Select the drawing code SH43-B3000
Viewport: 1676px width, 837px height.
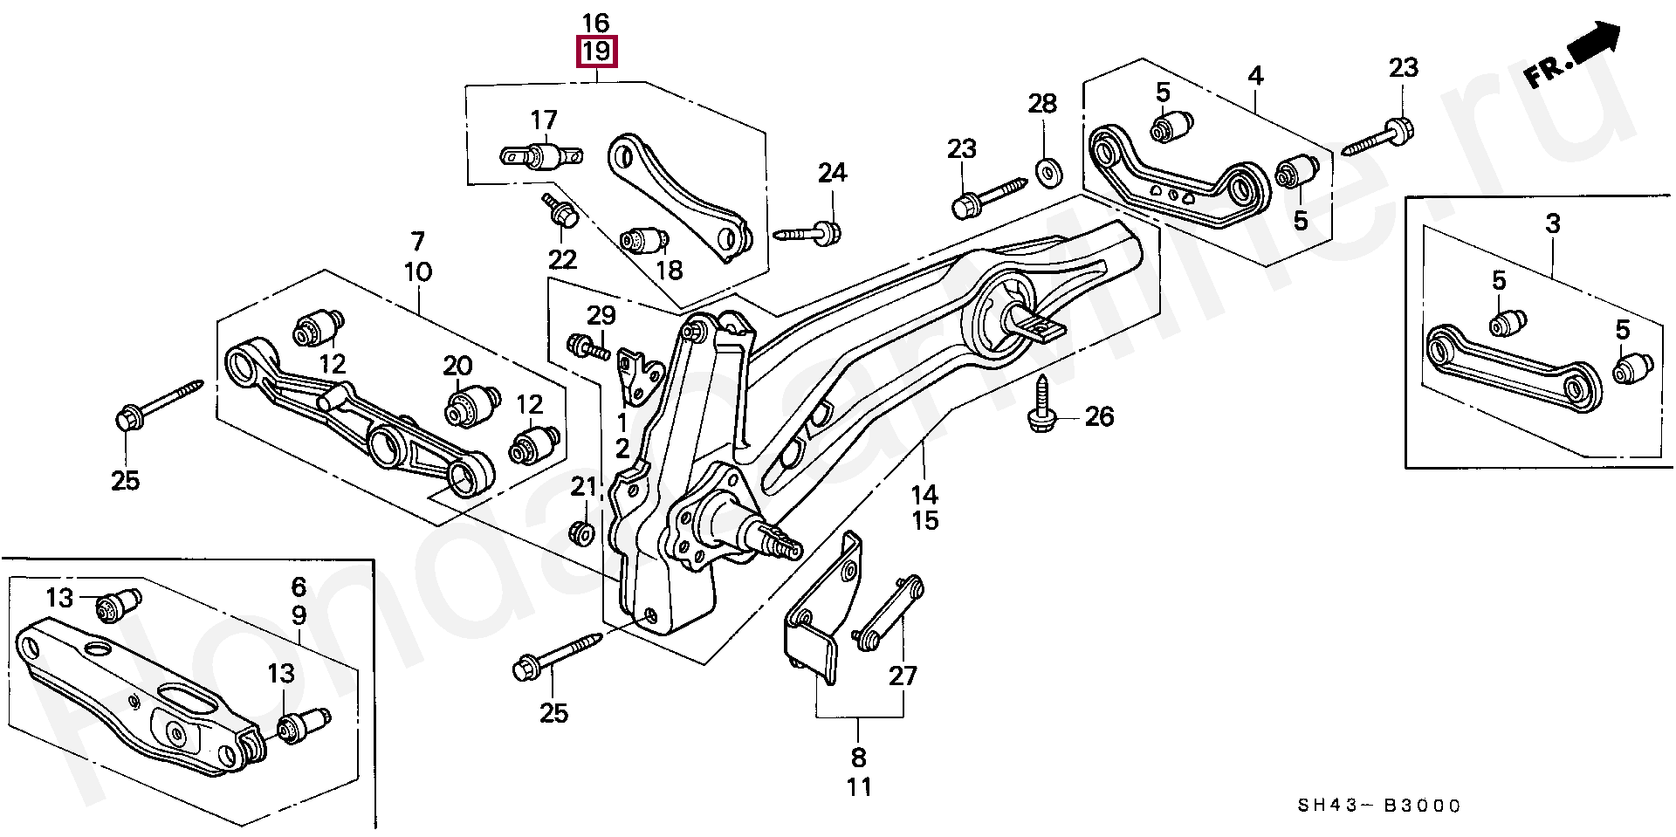coord(1393,806)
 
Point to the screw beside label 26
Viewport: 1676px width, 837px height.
coord(1041,404)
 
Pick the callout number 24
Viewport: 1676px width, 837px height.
coord(832,173)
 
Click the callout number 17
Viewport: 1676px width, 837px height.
coord(543,119)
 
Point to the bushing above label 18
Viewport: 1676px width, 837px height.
coord(645,237)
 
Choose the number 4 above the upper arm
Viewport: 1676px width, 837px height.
coord(1255,76)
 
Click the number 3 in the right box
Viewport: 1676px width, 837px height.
coord(1552,224)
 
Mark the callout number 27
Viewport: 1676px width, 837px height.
coord(903,675)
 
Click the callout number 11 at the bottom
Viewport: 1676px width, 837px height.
coord(859,786)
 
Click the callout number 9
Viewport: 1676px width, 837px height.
coord(299,615)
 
